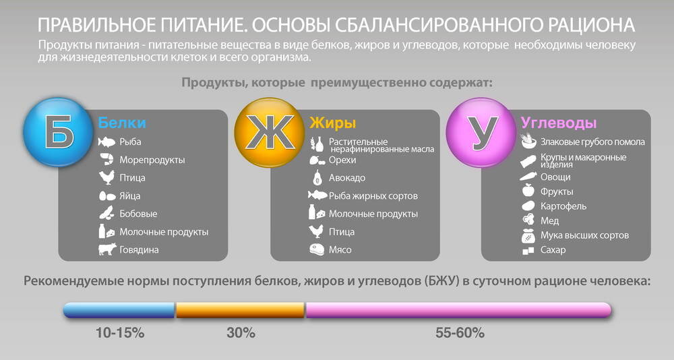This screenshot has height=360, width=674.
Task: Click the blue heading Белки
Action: [x=122, y=123]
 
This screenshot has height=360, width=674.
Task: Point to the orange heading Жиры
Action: [x=333, y=123]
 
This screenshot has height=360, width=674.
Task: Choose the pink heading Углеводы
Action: [x=559, y=123]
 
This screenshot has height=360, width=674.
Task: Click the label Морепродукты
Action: [x=152, y=160]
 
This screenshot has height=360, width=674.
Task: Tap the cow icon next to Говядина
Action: [x=107, y=249]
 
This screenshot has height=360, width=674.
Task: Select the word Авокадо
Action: [x=347, y=177]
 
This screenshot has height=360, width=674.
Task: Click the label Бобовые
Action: [x=138, y=214]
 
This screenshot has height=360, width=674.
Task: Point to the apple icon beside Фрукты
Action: [x=528, y=190]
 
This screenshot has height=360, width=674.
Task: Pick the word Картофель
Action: [x=563, y=206]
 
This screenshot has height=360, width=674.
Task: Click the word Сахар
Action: [x=553, y=250]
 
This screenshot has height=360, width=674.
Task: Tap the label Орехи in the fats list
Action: [x=342, y=160]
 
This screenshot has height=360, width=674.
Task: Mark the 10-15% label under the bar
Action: [x=120, y=333]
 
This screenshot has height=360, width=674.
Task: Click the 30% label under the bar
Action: [x=241, y=333]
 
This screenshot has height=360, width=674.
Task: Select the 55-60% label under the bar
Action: [x=460, y=333]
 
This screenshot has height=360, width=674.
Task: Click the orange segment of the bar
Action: [x=241, y=310]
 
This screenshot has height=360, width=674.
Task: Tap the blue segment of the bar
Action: [x=119, y=310]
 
